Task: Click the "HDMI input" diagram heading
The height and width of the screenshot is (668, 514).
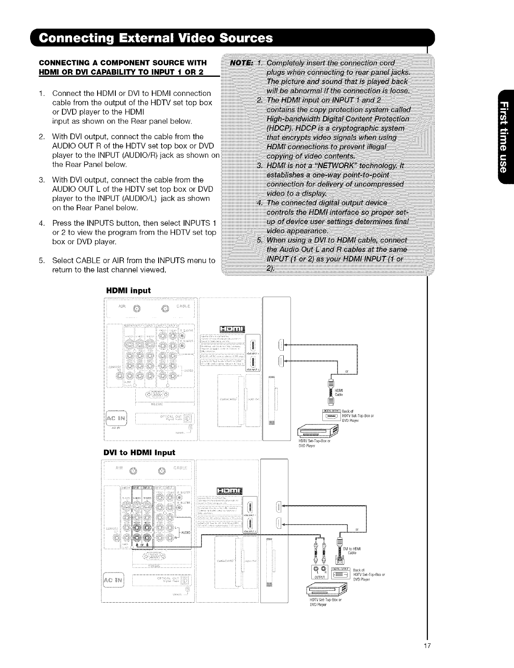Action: tap(128, 290)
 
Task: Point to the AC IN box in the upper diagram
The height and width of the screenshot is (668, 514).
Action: tap(113, 415)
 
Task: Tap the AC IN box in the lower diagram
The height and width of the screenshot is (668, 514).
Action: tap(112, 580)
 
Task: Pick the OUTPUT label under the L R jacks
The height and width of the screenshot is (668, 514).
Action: tap(318, 577)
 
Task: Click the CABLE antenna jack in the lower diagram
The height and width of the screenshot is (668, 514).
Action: tap(161, 470)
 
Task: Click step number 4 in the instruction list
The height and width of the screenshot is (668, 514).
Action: tap(41, 223)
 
